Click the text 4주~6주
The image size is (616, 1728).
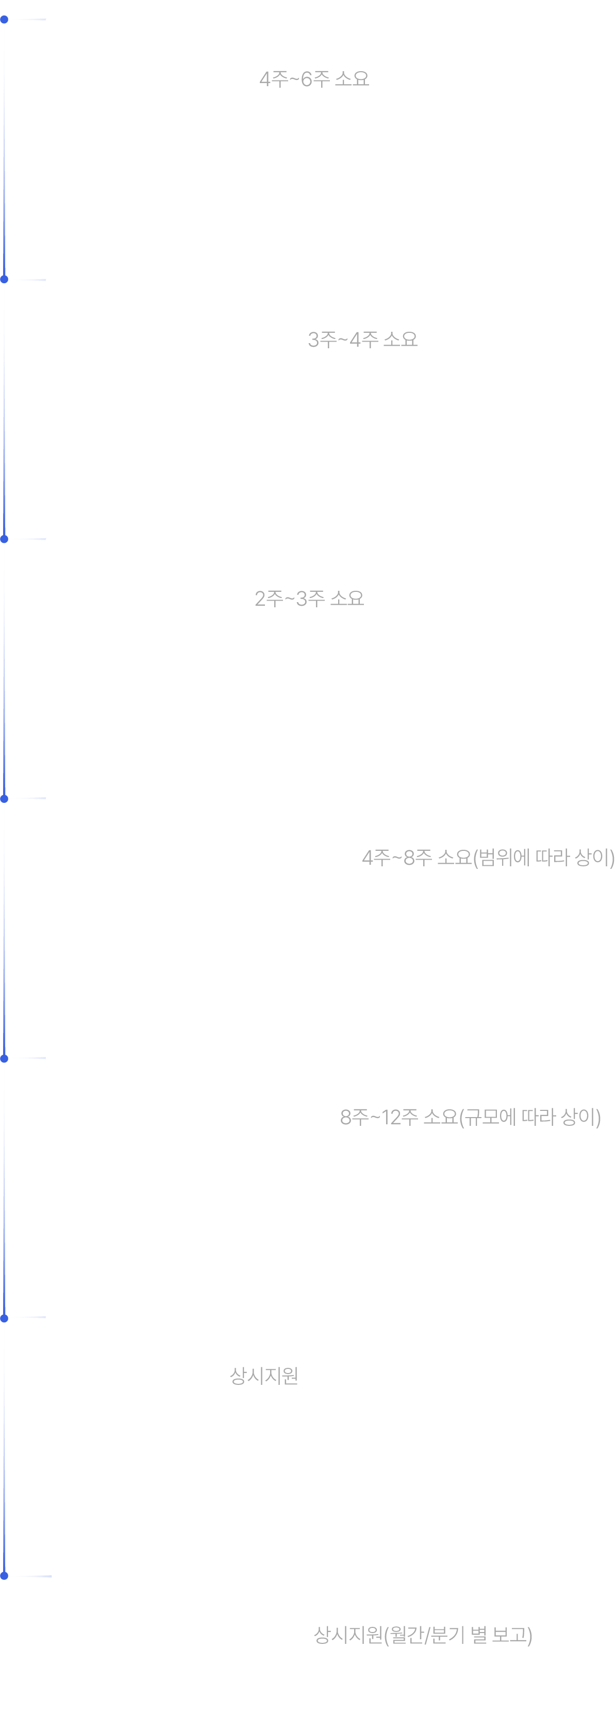295,79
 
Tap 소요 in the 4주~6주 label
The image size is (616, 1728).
352,79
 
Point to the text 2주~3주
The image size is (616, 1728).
290,599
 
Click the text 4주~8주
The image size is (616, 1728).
397,857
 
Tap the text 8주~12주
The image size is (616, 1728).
379,1117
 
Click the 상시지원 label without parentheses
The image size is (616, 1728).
264,1376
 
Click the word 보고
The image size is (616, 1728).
509,1635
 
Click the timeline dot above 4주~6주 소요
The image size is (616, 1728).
4,20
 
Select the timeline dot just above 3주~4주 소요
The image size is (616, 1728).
4,279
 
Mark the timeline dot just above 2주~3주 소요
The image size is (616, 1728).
4,539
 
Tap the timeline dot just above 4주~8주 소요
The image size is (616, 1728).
4,798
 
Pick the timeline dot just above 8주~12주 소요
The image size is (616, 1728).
4,1058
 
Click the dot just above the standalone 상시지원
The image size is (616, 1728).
4,1317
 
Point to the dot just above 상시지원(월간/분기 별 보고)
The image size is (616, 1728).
4,1576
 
